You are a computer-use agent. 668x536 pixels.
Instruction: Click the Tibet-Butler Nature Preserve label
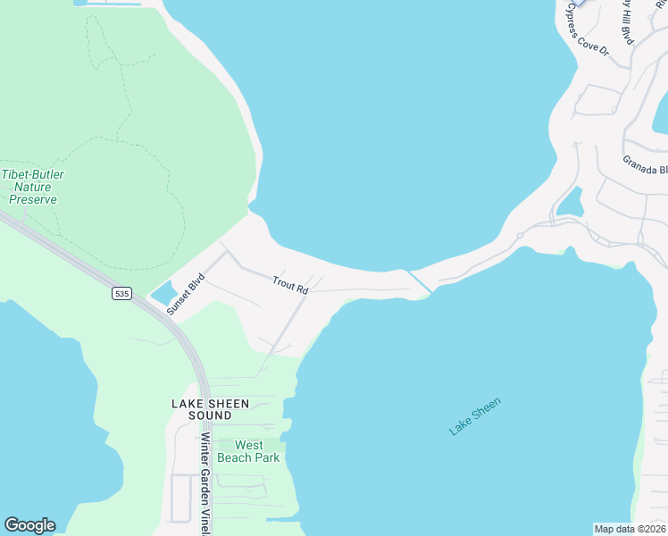click(x=32, y=187)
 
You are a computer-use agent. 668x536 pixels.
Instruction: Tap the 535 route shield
click(x=122, y=293)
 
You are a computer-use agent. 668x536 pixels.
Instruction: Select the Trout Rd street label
click(x=290, y=285)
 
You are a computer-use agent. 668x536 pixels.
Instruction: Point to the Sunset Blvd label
click(x=186, y=292)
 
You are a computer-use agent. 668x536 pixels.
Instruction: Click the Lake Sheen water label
click(x=475, y=416)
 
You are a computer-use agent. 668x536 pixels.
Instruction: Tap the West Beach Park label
click(x=257, y=451)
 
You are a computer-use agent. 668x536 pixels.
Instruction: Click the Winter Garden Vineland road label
click(x=205, y=482)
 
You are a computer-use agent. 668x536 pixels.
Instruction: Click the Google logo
click(x=29, y=525)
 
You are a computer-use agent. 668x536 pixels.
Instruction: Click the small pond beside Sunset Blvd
click(x=163, y=292)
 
